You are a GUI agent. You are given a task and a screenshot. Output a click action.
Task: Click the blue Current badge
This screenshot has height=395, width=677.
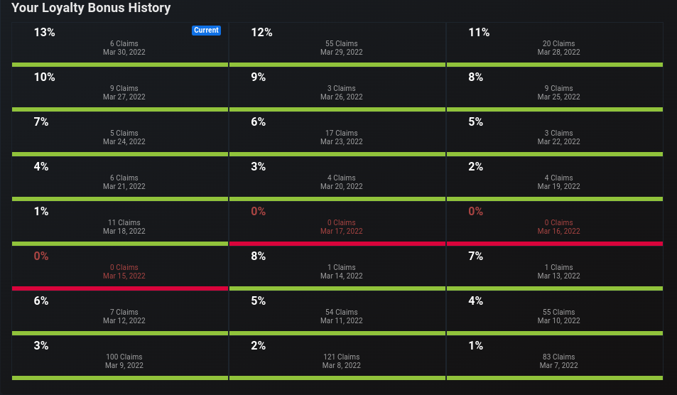[207, 31]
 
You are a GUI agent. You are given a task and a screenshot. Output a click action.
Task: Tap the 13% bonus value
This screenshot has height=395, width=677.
[45, 33]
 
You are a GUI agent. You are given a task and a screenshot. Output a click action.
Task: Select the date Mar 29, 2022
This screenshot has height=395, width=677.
[342, 53]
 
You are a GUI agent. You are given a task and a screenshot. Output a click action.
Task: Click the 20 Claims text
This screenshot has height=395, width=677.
[558, 43]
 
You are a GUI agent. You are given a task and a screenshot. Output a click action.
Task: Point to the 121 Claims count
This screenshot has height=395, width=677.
[342, 357]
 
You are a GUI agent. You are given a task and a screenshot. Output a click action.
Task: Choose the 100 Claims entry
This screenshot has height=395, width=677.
[124, 357]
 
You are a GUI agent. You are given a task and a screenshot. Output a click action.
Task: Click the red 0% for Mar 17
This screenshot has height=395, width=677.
[258, 212]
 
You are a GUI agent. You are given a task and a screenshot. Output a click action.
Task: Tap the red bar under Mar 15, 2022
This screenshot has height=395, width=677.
[120, 288]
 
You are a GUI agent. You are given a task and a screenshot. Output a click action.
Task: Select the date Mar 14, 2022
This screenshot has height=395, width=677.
[342, 276]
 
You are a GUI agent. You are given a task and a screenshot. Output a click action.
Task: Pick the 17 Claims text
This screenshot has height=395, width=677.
[342, 133]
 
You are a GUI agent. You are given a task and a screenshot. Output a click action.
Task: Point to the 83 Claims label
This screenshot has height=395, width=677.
[558, 357]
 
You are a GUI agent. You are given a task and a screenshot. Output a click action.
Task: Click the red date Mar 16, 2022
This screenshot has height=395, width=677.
[558, 232]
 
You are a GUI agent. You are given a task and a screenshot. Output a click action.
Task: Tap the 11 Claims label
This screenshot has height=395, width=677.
[124, 223]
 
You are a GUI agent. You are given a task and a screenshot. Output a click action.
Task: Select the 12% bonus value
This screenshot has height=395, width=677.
[261, 33]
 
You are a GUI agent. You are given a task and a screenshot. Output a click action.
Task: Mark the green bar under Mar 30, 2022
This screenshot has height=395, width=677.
[120, 65]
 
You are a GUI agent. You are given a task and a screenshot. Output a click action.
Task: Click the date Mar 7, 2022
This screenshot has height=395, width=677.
[558, 366]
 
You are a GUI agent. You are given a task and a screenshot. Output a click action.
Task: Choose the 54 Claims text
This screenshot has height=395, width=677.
[342, 312]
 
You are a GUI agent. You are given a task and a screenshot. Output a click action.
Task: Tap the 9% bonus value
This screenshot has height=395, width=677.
[258, 77]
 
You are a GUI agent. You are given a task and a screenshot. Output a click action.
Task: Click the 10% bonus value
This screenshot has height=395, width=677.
[45, 77]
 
